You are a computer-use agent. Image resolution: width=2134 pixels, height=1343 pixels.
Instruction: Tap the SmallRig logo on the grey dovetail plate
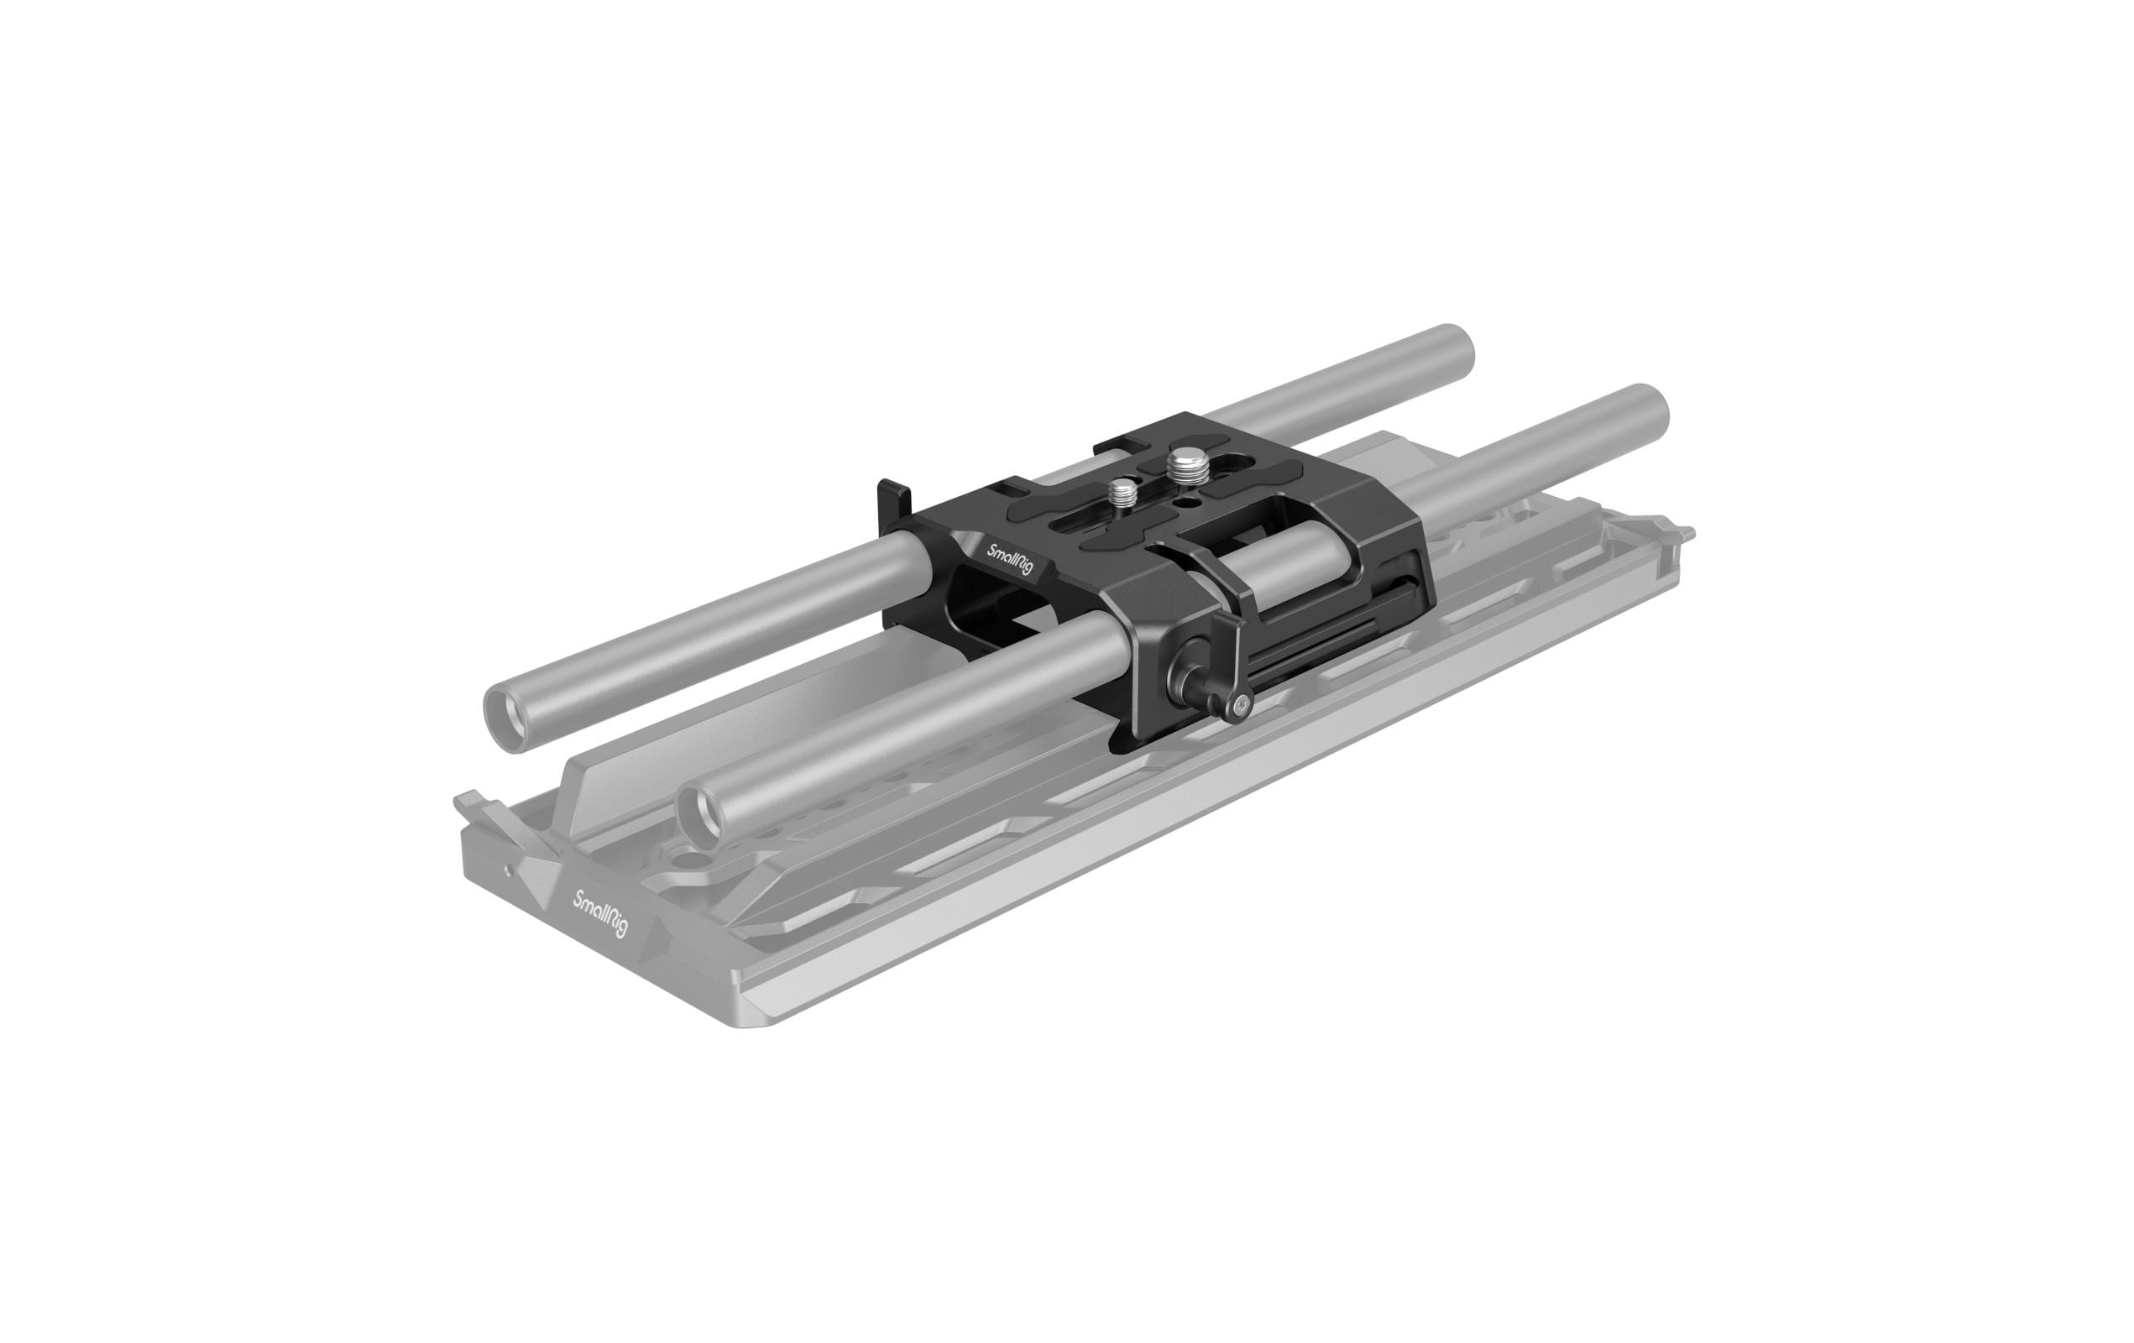[602, 912]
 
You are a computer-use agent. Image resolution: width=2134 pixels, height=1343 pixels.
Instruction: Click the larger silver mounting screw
[1183, 463]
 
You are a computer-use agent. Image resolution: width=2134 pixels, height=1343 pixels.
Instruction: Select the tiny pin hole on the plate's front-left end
[507, 869]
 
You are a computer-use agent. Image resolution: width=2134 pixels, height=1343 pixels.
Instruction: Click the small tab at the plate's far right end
[1683, 534]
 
